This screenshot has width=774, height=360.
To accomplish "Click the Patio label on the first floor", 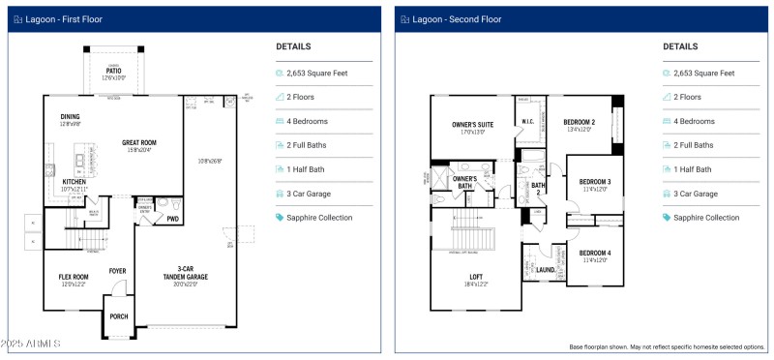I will (114, 72).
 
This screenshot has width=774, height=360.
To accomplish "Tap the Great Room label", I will (138, 144).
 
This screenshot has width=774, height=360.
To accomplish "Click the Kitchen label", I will (74, 183).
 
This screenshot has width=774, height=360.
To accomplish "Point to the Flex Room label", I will (74, 278).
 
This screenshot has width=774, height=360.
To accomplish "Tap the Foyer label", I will (117, 271).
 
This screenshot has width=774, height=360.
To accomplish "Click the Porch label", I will (119, 316).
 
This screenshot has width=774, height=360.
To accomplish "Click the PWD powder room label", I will (172, 219).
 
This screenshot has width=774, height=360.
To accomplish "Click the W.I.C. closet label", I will (528, 122).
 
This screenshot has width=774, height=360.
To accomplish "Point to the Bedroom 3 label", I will (595, 183).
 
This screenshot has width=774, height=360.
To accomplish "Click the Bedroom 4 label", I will (595, 255).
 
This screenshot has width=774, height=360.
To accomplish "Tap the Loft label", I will (476, 277).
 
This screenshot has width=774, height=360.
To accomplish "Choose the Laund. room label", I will (546, 269).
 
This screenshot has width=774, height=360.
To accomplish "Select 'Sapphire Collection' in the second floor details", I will (706, 218).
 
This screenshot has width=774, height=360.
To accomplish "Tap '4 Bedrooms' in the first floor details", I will (307, 121).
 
